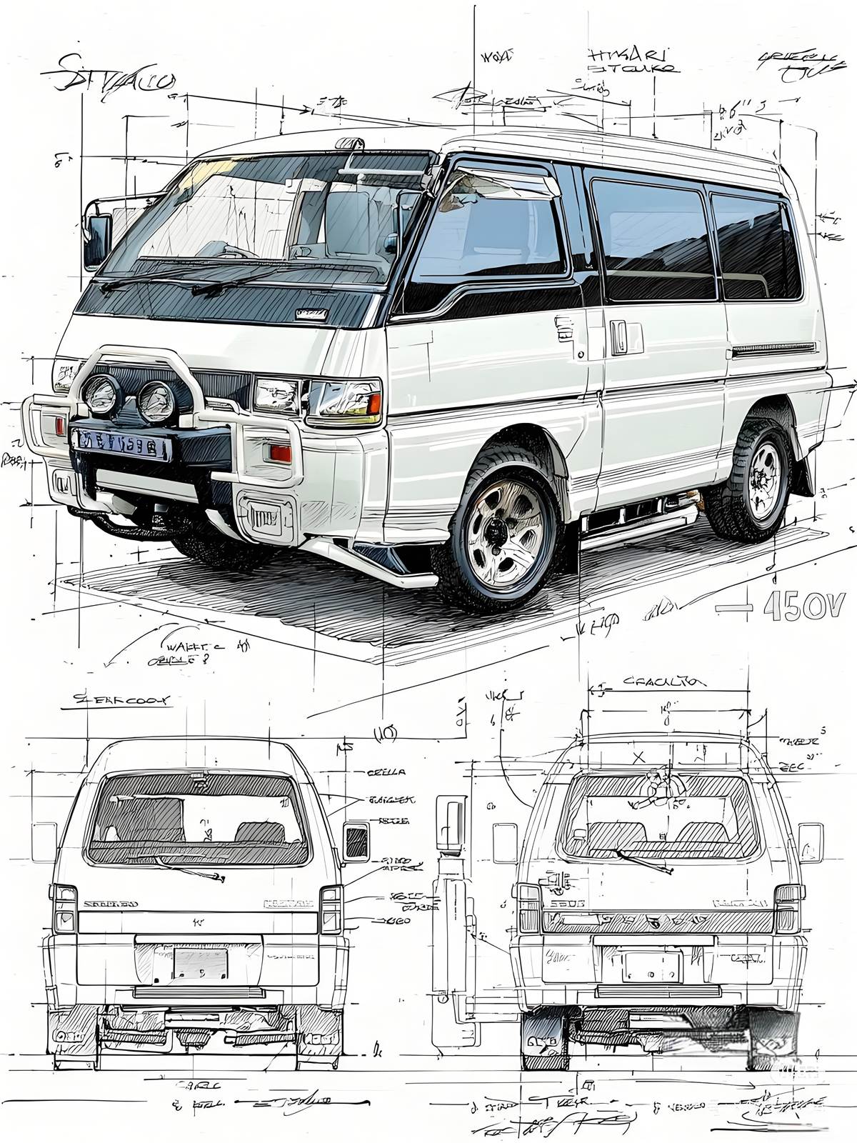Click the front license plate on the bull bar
[122, 444]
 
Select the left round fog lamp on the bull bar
[101, 393]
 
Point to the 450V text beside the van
[804, 607]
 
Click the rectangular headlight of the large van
[344, 399]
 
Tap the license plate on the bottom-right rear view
[652, 967]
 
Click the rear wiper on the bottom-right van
[644, 862]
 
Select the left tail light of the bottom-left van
[64, 909]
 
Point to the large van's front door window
[493, 229]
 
